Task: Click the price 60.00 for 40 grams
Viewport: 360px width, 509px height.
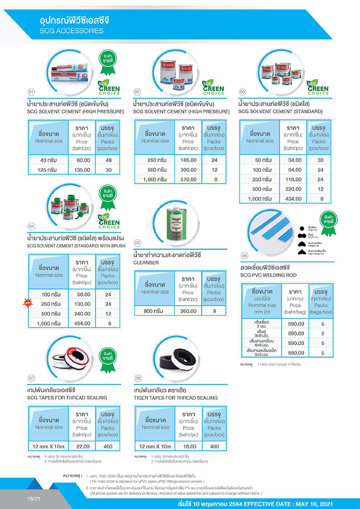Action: [84, 160]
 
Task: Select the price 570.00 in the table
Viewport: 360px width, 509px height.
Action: [188, 179]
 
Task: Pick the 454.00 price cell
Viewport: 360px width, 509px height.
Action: [84, 323]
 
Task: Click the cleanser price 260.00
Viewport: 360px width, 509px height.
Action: [188, 311]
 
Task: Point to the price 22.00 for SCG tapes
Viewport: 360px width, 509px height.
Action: [84, 446]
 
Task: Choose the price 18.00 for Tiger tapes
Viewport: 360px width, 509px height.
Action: [188, 446]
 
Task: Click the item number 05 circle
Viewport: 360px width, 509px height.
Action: [137, 242]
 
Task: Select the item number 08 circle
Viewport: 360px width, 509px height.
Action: [138, 377]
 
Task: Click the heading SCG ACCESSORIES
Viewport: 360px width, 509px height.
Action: [72, 31]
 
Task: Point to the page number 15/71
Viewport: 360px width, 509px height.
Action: [33, 499]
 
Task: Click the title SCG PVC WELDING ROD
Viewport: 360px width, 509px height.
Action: [269, 275]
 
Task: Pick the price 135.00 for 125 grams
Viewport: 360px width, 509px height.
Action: [84, 170]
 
